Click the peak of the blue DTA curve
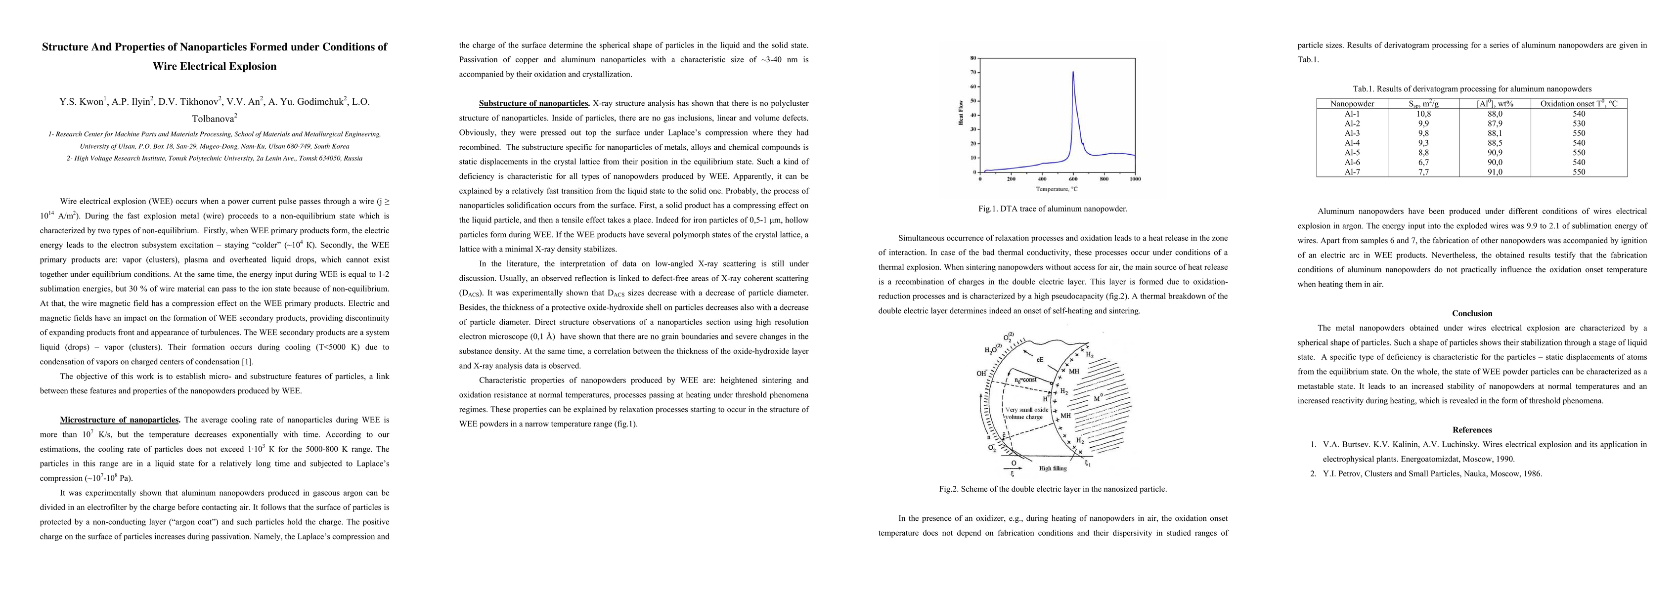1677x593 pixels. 1073,72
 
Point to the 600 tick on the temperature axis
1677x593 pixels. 1073,179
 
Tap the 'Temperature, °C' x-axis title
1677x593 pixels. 1057,189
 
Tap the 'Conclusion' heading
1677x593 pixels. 1472,313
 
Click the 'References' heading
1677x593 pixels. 1472,429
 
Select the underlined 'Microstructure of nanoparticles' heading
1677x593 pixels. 119,420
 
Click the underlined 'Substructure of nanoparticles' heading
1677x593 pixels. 534,103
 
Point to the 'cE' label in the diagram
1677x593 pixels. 1040,358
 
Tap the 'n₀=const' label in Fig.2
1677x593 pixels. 1026,379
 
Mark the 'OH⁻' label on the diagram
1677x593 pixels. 982,373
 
